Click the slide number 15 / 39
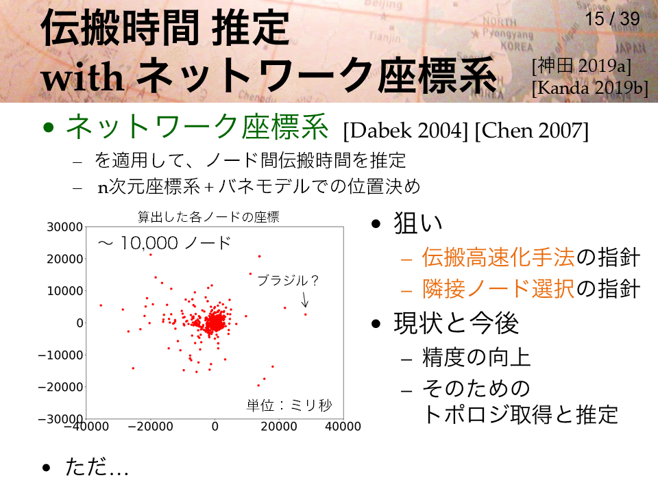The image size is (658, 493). (x=612, y=18)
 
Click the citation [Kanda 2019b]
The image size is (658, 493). (x=590, y=88)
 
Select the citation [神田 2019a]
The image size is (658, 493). (x=582, y=66)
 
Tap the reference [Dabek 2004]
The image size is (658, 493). (x=405, y=131)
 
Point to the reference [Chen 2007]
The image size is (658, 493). (x=532, y=131)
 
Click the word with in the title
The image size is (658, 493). (x=83, y=77)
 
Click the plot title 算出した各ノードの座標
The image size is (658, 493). (x=208, y=217)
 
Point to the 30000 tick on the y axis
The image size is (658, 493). (x=64, y=227)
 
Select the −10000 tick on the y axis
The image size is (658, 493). (x=60, y=355)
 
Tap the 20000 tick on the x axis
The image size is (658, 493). (x=279, y=427)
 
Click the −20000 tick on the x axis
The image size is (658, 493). (x=150, y=427)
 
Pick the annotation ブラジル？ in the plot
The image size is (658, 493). (x=288, y=280)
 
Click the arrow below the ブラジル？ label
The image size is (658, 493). (x=305, y=299)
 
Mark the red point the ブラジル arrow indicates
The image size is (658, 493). (x=306, y=314)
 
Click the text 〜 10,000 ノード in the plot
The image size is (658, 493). (x=164, y=242)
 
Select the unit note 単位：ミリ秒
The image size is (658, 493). (x=289, y=405)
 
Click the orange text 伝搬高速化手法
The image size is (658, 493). (x=498, y=257)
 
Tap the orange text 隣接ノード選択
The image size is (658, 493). (x=498, y=289)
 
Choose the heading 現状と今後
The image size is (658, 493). (x=456, y=323)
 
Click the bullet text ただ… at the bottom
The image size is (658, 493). (x=97, y=467)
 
